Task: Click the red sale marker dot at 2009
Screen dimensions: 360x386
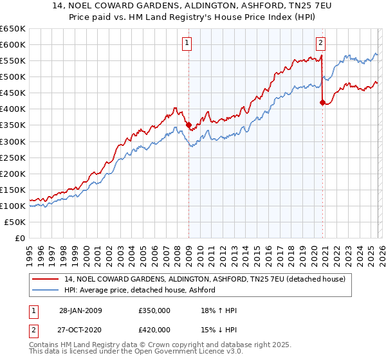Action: [x=188, y=125]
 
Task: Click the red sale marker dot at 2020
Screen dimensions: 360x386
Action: [x=322, y=102]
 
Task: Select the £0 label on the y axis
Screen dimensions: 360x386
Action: [x=19, y=238]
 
